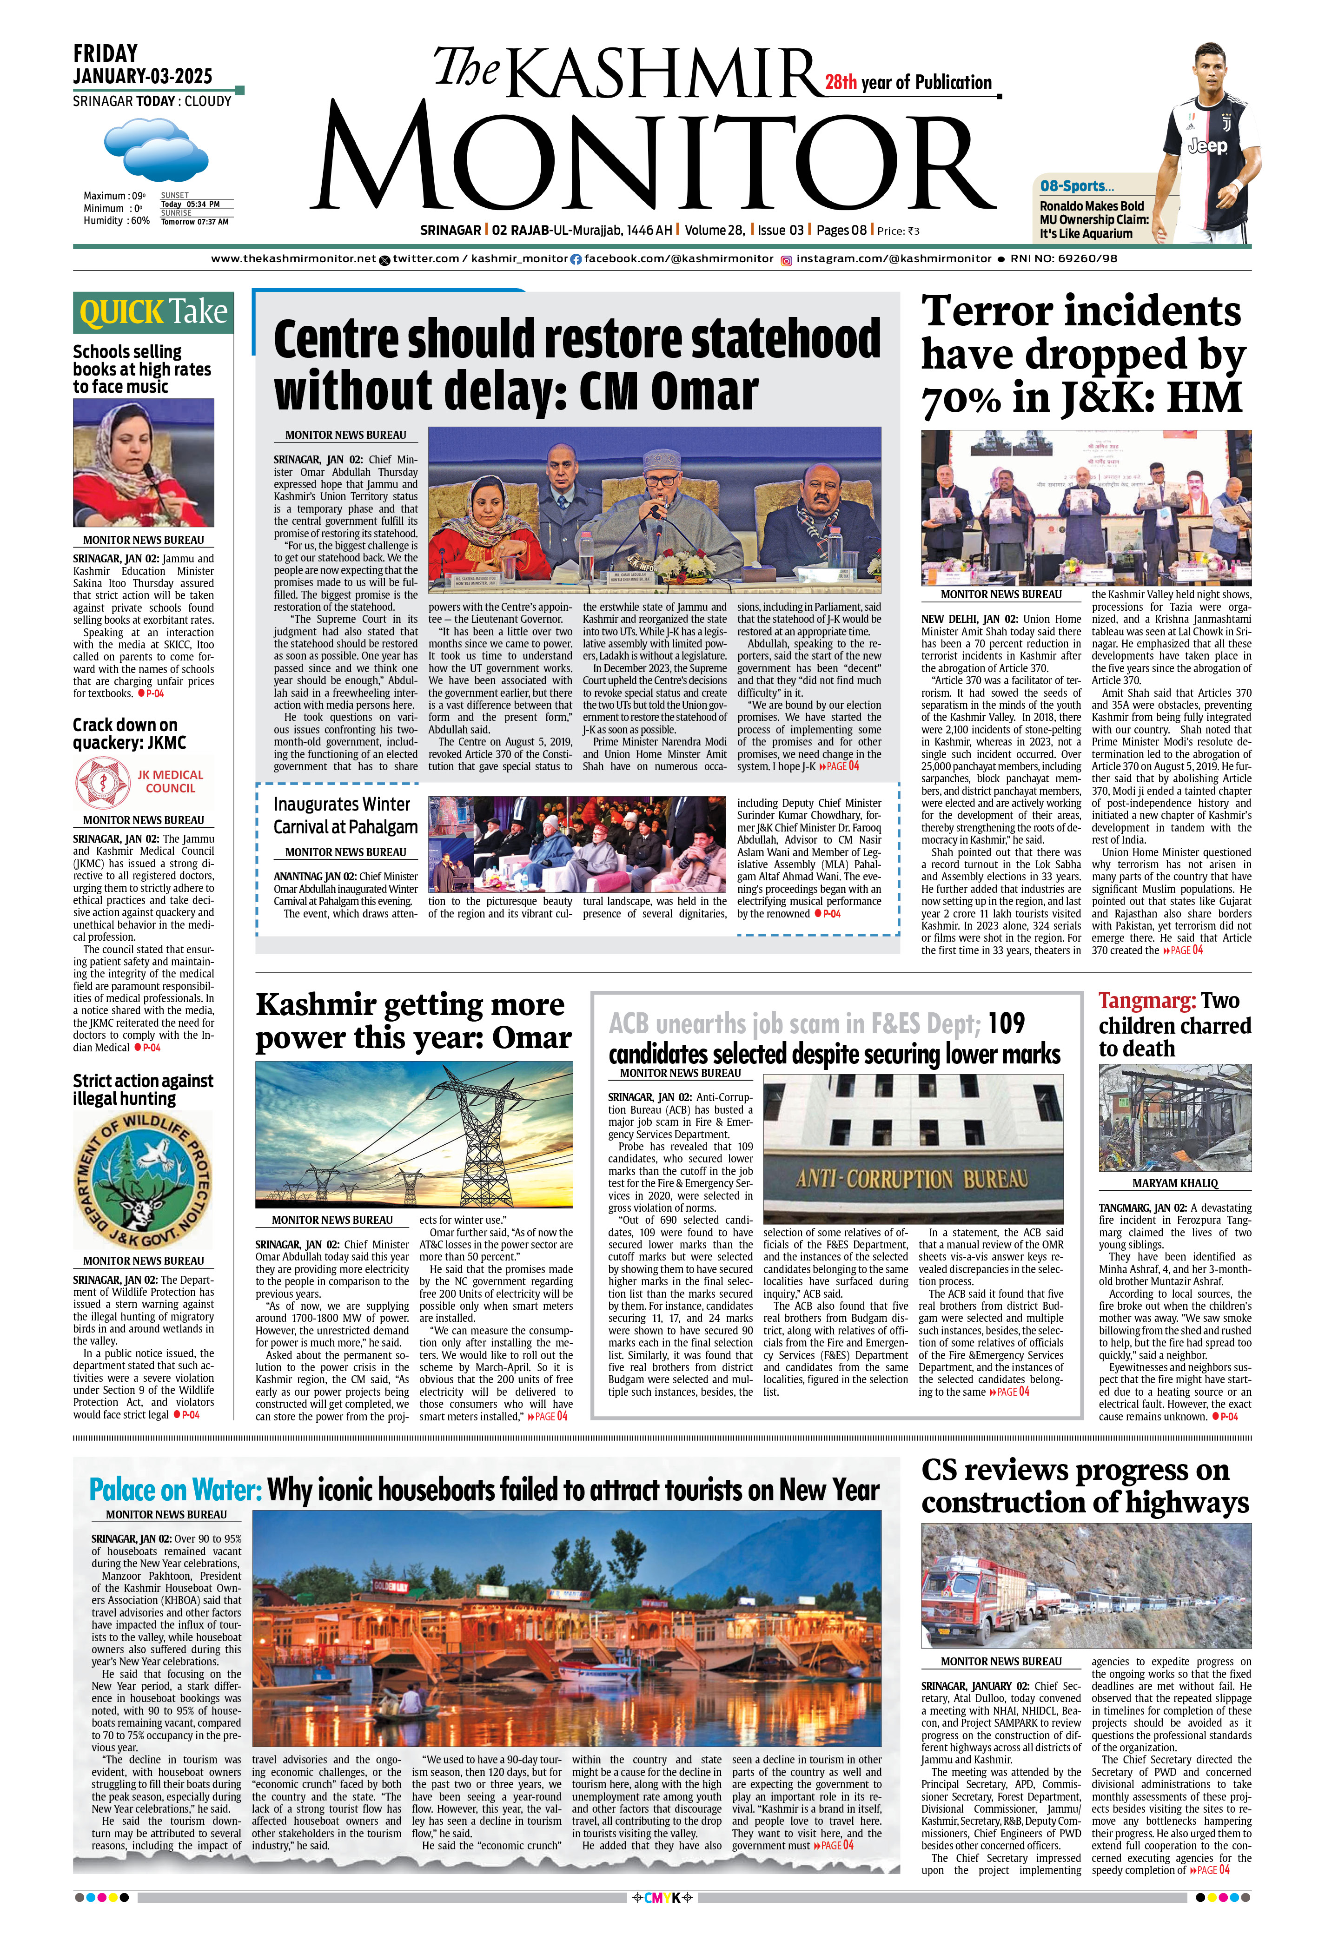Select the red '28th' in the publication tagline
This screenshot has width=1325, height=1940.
tap(841, 83)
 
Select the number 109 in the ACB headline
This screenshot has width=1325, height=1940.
tap(1006, 1023)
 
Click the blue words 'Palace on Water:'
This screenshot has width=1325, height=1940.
tap(176, 1490)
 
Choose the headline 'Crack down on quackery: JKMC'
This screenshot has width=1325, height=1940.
tap(129, 734)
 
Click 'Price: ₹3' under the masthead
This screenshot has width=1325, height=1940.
tap(898, 231)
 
